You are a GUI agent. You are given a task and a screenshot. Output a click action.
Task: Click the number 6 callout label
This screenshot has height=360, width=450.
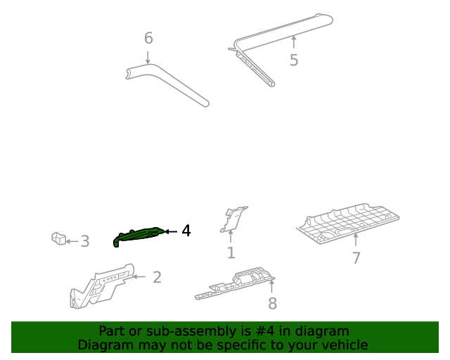click(x=148, y=38)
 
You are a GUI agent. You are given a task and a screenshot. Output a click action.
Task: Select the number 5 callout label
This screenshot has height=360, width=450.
click(x=294, y=60)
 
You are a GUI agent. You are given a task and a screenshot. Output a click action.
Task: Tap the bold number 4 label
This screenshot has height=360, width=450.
click(x=186, y=231)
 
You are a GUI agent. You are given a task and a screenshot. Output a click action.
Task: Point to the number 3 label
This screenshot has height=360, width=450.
click(x=85, y=242)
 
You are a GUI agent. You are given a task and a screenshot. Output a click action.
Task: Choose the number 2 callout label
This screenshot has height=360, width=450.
click(x=157, y=277)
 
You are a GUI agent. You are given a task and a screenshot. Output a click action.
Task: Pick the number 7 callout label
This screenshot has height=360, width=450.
click(x=356, y=258)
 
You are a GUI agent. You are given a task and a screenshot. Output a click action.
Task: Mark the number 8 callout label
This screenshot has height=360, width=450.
click(x=272, y=303)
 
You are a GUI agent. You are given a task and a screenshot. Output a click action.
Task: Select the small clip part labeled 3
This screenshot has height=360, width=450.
click(x=58, y=239)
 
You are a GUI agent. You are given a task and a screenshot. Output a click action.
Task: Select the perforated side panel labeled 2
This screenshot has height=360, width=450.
click(x=98, y=285)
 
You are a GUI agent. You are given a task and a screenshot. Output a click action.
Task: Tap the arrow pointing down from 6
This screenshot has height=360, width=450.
click(x=148, y=56)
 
